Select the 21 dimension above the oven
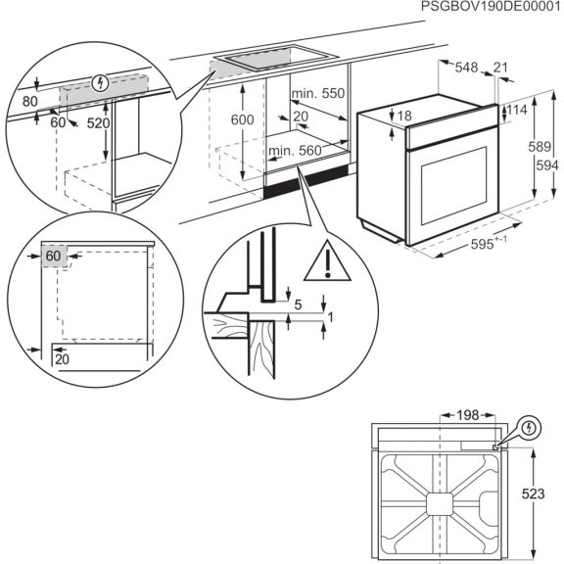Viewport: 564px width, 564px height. (x=500, y=67)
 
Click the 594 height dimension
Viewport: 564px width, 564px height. (x=538, y=164)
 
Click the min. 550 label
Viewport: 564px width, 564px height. (x=319, y=94)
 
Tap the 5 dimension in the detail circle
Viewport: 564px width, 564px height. (x=298, y=305)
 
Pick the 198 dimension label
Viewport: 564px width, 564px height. (x=467, y=415)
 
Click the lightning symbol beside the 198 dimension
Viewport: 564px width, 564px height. (x=530, y=427)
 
